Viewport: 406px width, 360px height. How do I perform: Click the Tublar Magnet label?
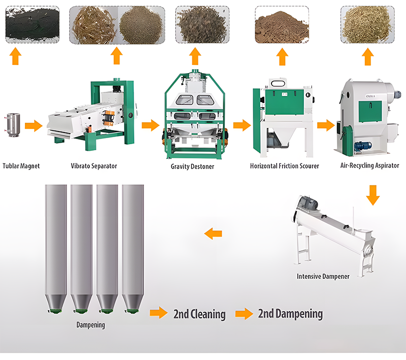coord(21,166)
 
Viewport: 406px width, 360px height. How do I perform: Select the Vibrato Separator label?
coord(94,166)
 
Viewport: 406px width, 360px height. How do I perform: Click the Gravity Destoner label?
coord(193,167)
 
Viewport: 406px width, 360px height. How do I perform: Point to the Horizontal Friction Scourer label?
coord(285,166)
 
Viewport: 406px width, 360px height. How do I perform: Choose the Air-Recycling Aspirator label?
coord(369,166)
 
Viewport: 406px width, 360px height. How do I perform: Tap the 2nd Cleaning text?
coord(199,314)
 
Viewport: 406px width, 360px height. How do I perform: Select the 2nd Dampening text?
coord(290,314)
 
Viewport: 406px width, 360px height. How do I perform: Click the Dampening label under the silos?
coord(90,325)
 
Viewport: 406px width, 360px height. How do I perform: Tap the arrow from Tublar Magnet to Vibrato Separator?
coord(33,125)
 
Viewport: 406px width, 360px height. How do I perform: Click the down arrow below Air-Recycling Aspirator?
coord(373,195)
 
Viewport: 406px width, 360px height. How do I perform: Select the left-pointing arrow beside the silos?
coord(213,234)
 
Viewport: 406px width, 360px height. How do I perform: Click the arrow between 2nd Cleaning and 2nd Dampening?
coord(244,314)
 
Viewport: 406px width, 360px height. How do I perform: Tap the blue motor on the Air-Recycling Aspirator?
coord(361,145)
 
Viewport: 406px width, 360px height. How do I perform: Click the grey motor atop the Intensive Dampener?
coord(308,204)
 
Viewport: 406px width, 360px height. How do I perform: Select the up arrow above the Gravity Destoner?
coord(195,55)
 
